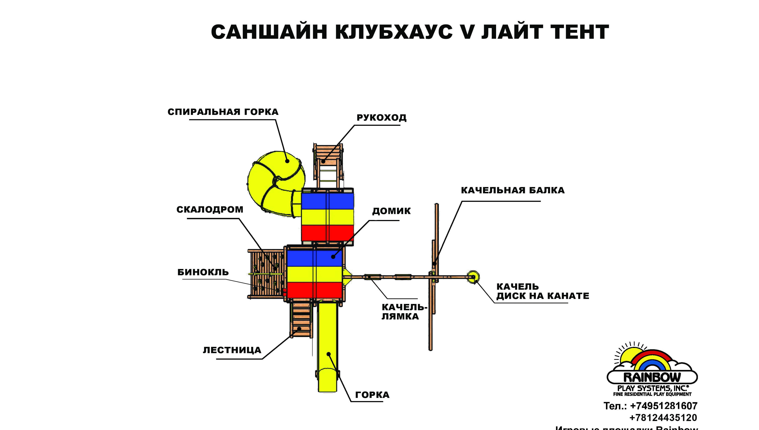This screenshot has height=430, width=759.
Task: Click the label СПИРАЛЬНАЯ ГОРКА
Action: [x=223, y=112]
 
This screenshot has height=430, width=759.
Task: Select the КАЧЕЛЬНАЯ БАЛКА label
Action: [x=513, y=190]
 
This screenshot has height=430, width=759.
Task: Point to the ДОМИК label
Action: [x=391, y=211]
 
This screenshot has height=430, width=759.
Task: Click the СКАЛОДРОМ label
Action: [x=210, y=209]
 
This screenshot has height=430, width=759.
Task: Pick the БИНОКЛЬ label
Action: [x=203, y=272]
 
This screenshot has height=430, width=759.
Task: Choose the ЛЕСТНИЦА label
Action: [x=232, y=350]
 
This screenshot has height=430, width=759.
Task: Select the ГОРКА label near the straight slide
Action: [x=372, y=395]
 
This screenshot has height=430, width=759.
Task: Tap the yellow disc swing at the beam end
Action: [x=473, y=277]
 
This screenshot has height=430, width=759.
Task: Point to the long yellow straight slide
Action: [x=327, y=349]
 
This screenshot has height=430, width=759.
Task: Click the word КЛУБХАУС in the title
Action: [x=393, y=32]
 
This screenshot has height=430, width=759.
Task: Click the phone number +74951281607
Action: [x=664, y=406]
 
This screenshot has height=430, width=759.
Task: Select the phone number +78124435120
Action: [x=663, y=418]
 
